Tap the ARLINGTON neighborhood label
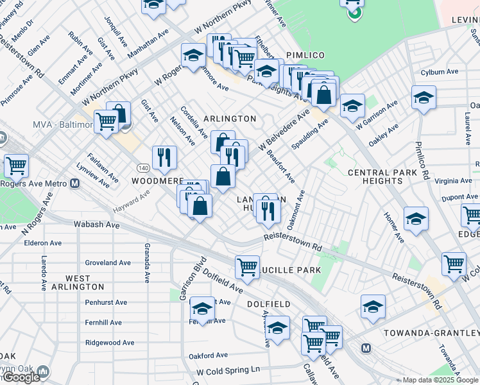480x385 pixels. click(x=230, y=119)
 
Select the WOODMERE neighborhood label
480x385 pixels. click(x=158, y=182)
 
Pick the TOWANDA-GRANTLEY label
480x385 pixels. click(x=431, y=333)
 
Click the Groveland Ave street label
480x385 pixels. click(x=108, y=262)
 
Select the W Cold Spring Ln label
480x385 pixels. click(x=228, y=370)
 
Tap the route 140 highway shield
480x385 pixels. click(x=142, y=167)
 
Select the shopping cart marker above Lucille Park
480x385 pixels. click(x=247, y=265)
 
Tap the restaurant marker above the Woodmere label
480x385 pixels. click(x=165, y=156)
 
